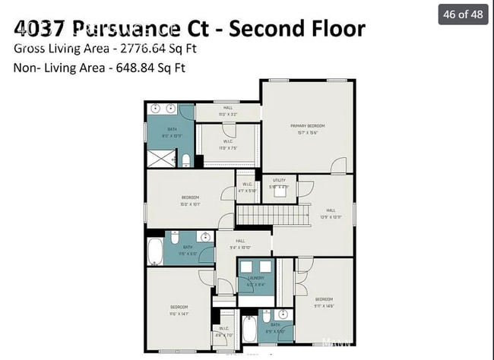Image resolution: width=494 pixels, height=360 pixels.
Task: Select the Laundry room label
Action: [255, 278]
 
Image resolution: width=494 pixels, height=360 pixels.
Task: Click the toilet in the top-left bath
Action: [186, 159]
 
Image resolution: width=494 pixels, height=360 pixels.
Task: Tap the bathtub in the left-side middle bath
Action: [156, 251]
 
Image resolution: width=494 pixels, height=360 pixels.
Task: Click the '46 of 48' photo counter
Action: [462, 14]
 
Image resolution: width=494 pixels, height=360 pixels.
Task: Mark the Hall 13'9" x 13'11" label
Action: [330, 212]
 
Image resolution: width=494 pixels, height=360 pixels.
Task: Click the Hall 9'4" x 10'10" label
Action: [239, 243]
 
